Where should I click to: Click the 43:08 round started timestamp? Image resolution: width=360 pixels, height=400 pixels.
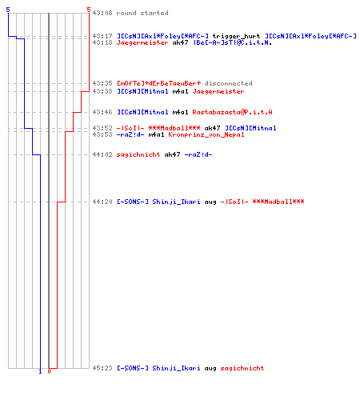(x=102, y=13)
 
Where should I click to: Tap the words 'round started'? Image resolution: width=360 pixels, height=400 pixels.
(x=142, y=13)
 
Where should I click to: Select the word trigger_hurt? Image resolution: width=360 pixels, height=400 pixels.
(x=236, y=36)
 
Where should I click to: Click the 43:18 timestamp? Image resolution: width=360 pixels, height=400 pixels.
(x=102, y=42)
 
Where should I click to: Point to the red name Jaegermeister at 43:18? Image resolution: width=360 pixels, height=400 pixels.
(x=142, y=42)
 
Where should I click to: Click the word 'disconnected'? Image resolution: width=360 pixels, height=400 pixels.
(x=228, y=83)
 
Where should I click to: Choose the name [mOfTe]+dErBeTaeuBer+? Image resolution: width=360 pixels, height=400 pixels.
(x=158, y=83)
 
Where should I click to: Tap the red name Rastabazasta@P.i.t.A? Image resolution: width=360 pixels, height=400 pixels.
(x=232, y=112)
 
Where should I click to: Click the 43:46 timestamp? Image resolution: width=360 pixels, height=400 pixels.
(x=102, y=112)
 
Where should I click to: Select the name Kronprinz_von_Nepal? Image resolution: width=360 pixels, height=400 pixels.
(x=206, y=134)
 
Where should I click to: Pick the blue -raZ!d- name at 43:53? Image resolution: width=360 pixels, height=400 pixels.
(x=130, y=134)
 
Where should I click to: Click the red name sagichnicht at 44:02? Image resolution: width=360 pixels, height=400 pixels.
(x=138, y=154)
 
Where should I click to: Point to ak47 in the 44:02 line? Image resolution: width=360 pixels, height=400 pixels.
(x=172, y=154)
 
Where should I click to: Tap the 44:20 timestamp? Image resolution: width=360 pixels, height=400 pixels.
(x=102, y=202)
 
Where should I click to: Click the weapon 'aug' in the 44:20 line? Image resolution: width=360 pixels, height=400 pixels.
(x=210, y=202)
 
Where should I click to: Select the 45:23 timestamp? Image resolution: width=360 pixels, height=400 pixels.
(x=102, y=368)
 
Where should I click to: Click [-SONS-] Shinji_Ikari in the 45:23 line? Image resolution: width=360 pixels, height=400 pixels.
(x=158, y=368)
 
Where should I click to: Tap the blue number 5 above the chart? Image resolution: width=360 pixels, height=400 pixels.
(x=8, y=10)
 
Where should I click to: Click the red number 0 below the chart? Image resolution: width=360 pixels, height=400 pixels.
(x=49, y=371)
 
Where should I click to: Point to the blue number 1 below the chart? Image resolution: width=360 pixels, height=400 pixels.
(x=40, y=371)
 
